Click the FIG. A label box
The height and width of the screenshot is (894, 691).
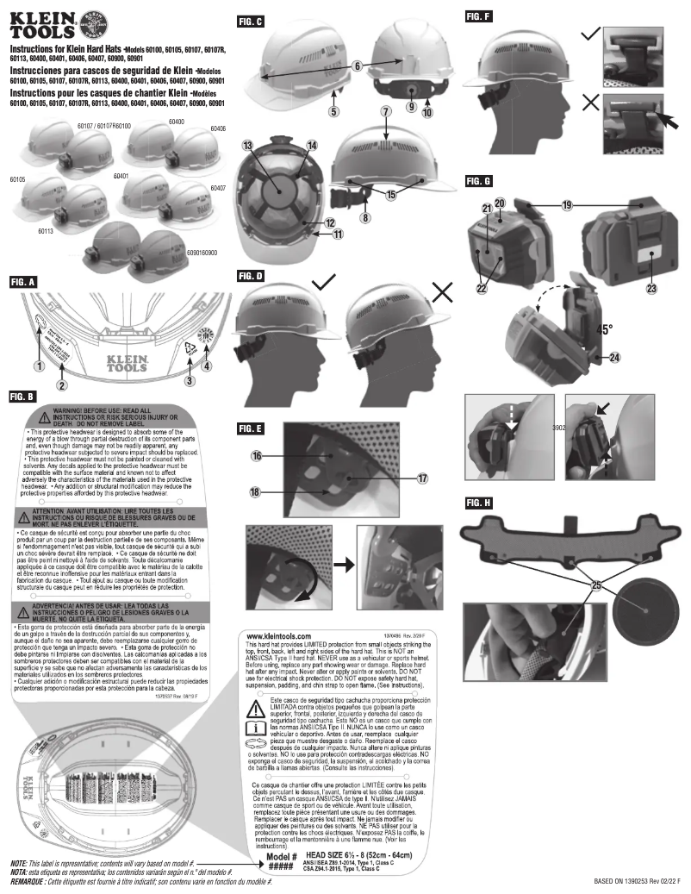(22, 281)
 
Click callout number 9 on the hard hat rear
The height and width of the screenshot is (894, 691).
(410, 106)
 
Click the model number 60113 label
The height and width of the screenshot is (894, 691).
(46, 231)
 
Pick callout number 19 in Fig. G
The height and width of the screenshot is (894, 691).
(567, 206)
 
